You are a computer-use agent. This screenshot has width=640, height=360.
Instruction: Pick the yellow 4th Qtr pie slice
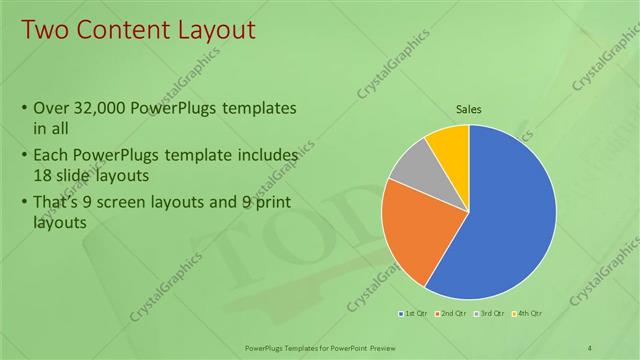point(450,145)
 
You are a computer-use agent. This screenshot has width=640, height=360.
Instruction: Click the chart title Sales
point(468,109)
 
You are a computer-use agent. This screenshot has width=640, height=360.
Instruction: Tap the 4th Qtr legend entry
point(528,315)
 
